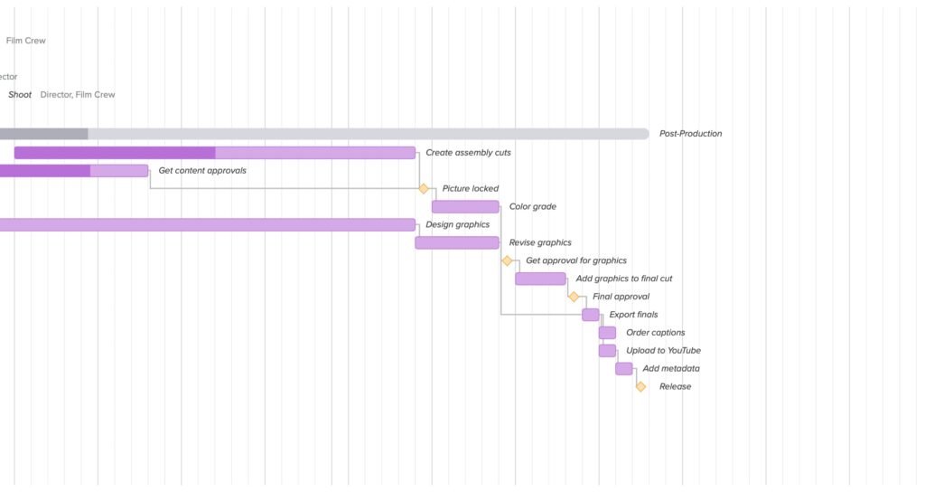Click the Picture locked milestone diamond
(x=424, y=188)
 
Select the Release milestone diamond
(x=640, y=386)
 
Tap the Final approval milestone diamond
(x=574, y=297)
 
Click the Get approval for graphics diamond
(x=507, y=260)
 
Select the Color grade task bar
(x=465, y=206)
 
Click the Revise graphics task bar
(x=457, y=242)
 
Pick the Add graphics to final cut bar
(x=540, y=279)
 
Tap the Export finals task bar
(x=591, y=315)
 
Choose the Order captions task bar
(x=607, y=333)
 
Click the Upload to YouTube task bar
(x=607, y=351)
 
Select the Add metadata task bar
(x=624, y=368)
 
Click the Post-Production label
(x=690, y=134)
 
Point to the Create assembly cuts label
(x=468, y=153)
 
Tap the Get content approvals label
(x=202, y=170)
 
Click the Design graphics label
(x=457, y=224)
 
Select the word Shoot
(x=20, y=95)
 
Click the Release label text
(x=675, y=387)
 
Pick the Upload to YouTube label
(x=663, y=351)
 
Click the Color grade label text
(x=532, y=207)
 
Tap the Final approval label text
(x=621, y=297)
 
